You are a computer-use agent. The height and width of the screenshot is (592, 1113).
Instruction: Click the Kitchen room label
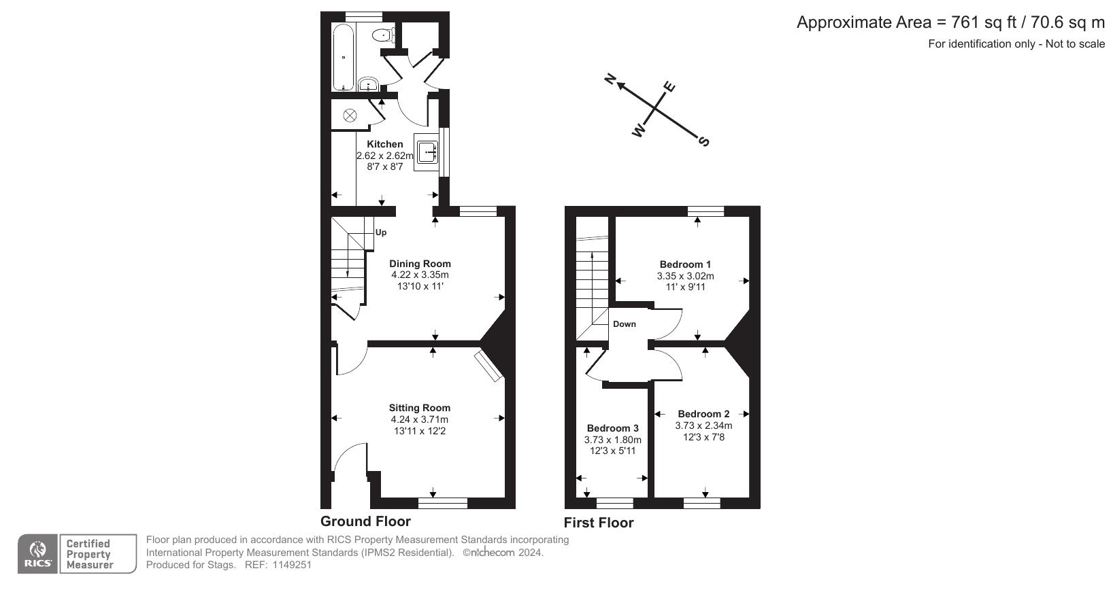tap(385, 144)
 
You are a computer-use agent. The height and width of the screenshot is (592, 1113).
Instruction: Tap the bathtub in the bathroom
tap(343, 58)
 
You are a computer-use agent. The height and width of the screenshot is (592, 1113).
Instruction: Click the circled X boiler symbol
tap(350, 115)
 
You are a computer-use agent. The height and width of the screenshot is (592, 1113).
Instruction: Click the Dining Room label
tap(420, 264)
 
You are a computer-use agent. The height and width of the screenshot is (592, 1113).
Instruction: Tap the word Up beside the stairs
tap(381, 232)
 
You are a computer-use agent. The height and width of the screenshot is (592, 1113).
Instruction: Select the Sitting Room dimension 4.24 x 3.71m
tap(420, 419)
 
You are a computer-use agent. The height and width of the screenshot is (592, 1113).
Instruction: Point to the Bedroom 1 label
tap(685, 264)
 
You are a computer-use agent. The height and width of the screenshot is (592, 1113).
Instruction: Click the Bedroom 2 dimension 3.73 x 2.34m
tap(703, 425)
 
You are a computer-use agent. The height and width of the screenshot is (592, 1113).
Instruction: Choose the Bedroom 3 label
tap(612, 428)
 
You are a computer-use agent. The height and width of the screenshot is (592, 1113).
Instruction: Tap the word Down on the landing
tap(624, 324)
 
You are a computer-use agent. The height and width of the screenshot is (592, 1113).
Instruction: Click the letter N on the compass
tap(611, 80)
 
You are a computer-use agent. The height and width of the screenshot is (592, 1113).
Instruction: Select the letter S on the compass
tap(703, 141)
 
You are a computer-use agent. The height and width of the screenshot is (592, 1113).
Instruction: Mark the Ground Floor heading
tap(365, 521)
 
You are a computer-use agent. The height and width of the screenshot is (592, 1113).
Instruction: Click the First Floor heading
tap(598, 523)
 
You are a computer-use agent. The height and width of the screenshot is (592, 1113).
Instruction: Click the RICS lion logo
tap(38, 554)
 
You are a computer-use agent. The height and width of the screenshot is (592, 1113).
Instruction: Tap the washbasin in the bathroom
tap(368, 85)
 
